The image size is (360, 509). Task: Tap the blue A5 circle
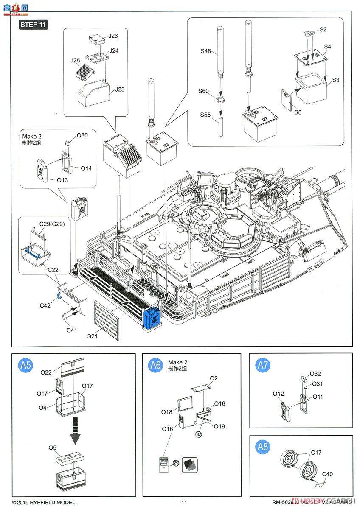(26, 366)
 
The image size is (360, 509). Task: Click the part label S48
(206, 52)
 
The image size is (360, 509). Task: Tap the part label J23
(119, 89)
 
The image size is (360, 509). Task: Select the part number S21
(93, 336)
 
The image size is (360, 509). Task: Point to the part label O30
(82, 136)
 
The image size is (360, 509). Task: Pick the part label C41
(72, 330)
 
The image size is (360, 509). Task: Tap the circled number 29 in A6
(174, 463)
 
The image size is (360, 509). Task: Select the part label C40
(327, 474)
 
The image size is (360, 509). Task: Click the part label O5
(52, 447)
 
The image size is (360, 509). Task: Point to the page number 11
(184, 503)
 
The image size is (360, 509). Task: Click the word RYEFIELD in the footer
(50, 503)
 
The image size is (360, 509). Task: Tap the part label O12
(278, 394)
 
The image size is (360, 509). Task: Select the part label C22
(53, 269)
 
